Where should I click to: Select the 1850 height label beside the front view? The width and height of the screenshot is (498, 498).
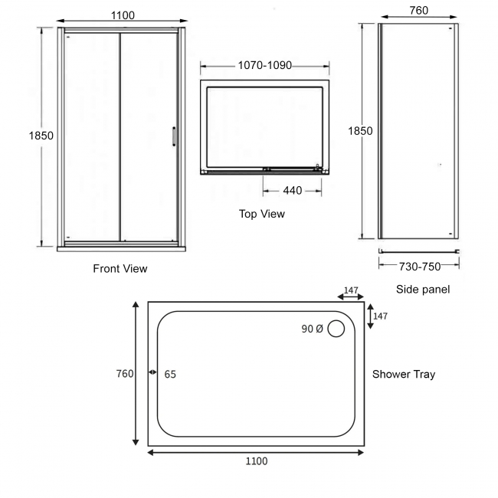(41, 136)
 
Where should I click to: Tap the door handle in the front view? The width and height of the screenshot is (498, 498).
(175, 136)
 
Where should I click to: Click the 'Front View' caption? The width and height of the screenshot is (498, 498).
(120, 268)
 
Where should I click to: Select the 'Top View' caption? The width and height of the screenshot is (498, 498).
(261, 214)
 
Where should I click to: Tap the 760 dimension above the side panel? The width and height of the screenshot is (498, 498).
(418, 11)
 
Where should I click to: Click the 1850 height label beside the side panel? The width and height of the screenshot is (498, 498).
(360, 131)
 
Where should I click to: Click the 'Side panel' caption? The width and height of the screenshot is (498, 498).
(423, 289)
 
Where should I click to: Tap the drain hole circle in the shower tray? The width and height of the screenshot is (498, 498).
(336, 329)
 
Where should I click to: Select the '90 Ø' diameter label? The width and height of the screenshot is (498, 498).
(312, 329)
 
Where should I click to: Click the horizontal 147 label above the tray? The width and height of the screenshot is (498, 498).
(351, 291)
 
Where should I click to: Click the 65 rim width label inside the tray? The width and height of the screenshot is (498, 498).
(170, 374)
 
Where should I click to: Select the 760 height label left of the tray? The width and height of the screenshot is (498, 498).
(125, 374)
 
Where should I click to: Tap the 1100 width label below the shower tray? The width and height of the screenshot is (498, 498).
(257, 461)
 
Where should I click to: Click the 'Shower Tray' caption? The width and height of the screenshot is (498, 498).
(404, 374)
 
